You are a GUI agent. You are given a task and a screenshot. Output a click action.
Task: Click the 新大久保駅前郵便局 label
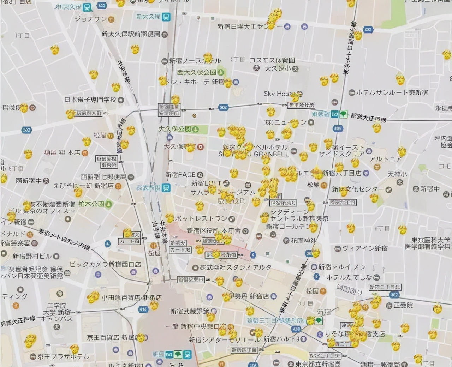[x=131, y=34]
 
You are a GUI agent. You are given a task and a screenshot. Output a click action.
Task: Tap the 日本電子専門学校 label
[x=90, y=100]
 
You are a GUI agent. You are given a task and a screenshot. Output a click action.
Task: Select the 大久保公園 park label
[x=175, y=129]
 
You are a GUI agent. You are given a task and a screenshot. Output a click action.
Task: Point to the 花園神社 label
[x=303, y=241]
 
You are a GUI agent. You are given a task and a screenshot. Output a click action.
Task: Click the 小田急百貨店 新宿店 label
[x=132, y=298]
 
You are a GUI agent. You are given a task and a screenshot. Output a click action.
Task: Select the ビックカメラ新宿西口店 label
[x=105, y=264]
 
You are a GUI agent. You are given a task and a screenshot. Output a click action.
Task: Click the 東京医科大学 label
[x=430, y=240]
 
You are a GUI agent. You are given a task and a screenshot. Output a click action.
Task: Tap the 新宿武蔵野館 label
[x=190, y=311]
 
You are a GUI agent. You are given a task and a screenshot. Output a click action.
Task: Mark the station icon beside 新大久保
[x=166, y=17]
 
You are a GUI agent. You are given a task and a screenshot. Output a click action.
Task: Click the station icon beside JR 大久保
[x=87, y=7]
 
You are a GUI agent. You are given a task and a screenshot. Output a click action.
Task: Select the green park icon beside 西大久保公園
[x=221, y=72]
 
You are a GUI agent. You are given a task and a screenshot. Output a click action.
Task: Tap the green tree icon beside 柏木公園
[x=109, y=204]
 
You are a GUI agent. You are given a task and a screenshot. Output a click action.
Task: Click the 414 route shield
[x=143, y=309]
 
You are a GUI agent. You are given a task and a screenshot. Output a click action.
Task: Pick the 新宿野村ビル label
[x=32, y=256]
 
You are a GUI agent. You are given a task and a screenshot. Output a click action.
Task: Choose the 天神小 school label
[x=397, y=174]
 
